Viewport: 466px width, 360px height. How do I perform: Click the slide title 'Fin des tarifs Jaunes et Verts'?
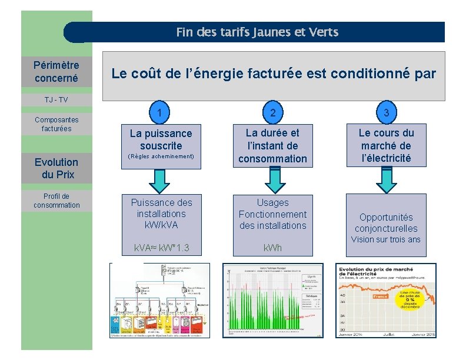(257, 32)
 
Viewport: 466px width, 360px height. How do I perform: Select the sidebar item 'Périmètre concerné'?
(56, 71)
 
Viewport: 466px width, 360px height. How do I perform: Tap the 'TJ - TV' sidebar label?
(56, 99)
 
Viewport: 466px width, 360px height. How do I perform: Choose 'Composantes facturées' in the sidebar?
(56, 124)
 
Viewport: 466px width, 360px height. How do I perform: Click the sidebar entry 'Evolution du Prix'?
(56, 168)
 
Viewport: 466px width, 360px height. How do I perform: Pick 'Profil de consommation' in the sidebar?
(56, 201)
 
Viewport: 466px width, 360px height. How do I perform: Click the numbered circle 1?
(160, 111)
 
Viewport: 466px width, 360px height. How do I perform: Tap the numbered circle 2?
(273, 112)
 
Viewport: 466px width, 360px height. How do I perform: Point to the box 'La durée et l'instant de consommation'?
(273, 146)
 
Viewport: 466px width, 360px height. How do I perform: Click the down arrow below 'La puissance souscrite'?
(161, 179)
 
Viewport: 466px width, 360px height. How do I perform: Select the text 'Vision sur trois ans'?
(386, 239)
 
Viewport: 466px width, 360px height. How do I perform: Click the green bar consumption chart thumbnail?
(273, 300)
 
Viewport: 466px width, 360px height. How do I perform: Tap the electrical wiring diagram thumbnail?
(159, 300)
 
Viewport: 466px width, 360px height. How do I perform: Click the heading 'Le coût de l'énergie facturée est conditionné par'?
(274, 74)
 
